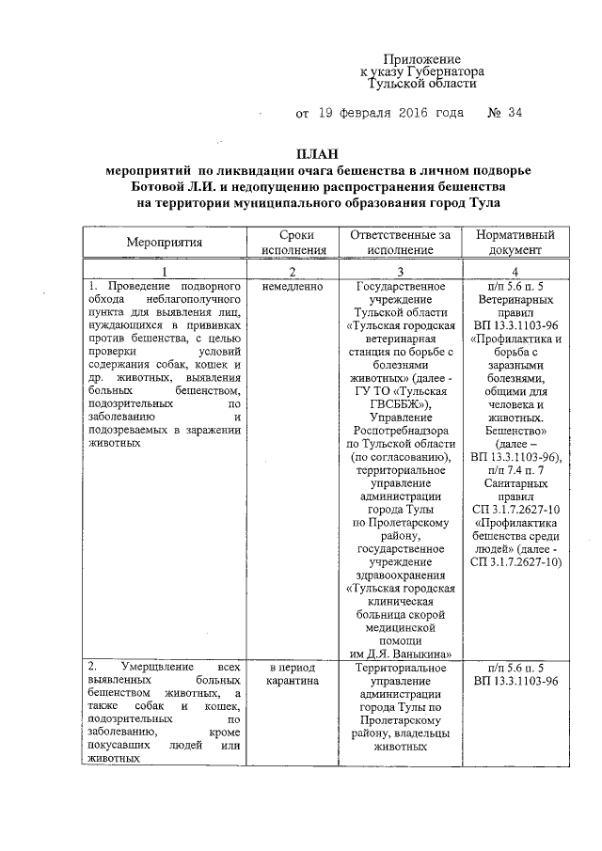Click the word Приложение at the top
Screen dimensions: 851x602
[x=427, y=58]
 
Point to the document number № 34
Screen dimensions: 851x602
[x=505, y=114]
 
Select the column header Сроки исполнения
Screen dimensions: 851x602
[x=293, y=242]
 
